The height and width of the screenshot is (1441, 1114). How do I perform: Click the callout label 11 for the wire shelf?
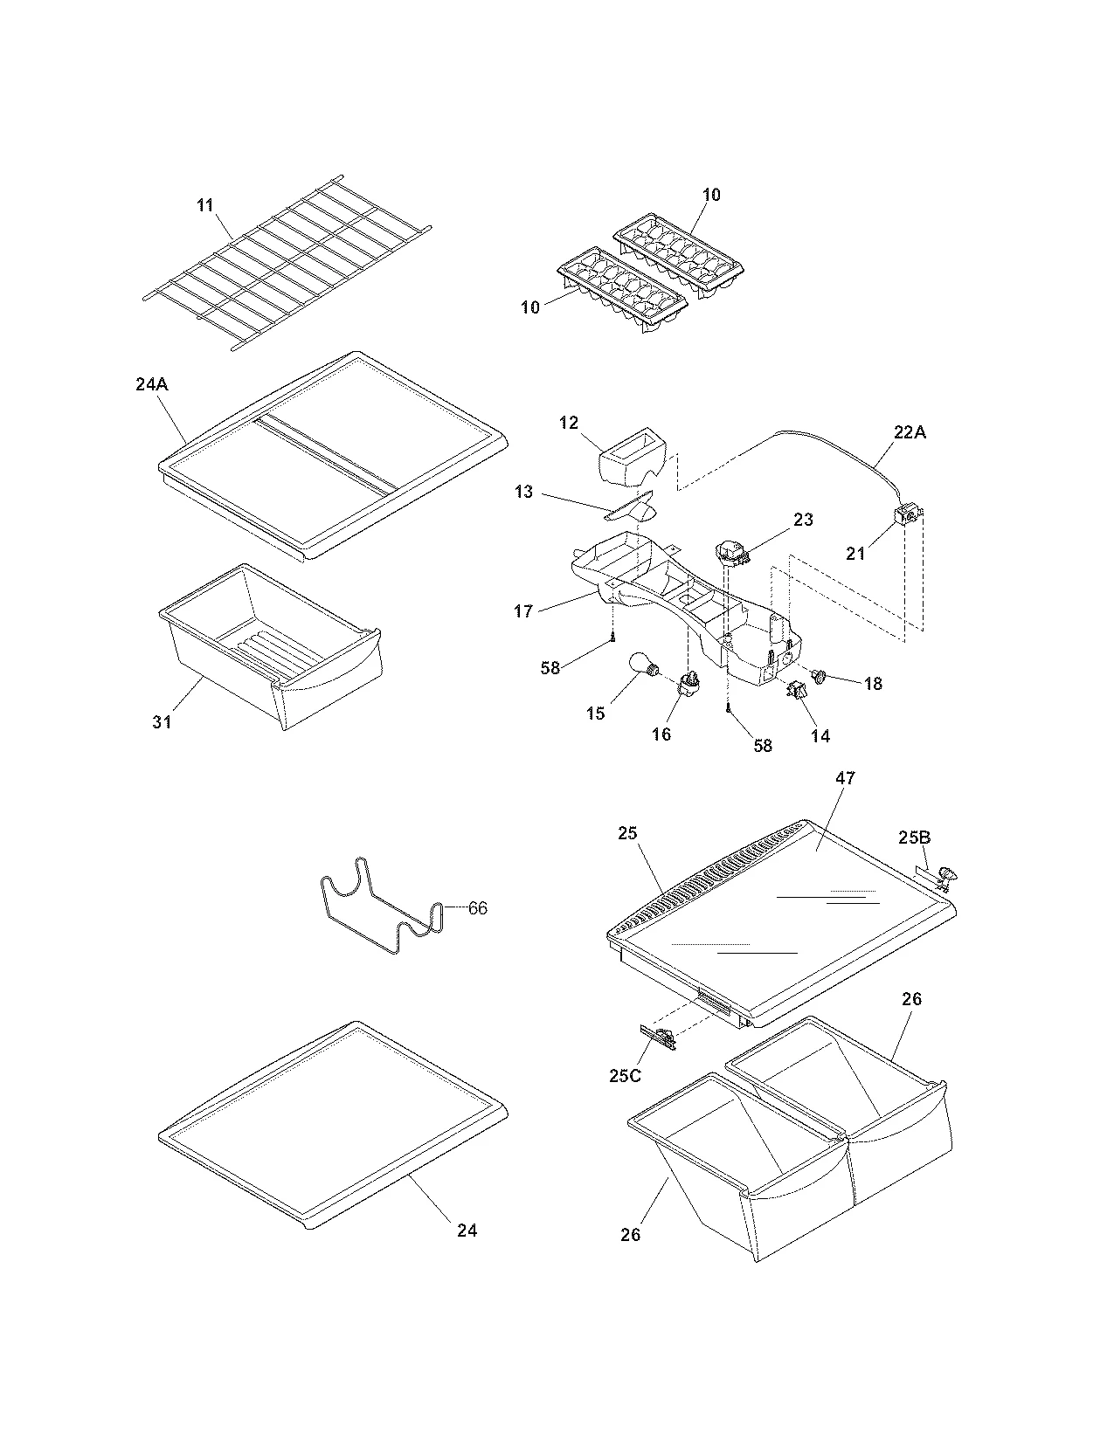click(x=204, y=206)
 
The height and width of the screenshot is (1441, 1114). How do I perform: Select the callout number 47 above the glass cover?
click(x=846, y=777)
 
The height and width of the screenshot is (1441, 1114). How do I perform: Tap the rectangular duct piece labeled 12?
click(x=631, y=453)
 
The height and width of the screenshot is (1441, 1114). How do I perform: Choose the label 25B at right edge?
click(x=915, y=838)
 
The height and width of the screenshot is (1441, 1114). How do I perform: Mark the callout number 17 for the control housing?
click(x=523, y=611)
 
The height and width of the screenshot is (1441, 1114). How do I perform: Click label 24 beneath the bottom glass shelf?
click(x=467, y=1230)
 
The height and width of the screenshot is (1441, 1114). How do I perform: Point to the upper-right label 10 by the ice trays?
click(x=711, y=194)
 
